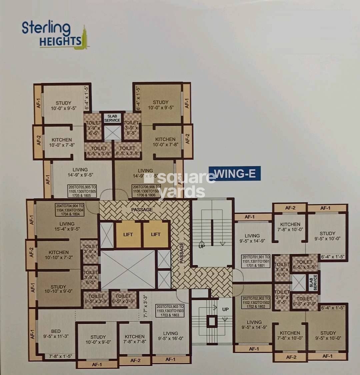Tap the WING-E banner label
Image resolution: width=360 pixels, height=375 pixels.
point(234,174)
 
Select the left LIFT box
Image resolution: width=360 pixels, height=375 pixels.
point(128,234)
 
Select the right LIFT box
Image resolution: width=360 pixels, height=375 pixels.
point(156,234)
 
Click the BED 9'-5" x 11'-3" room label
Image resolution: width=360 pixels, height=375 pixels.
point(56,334)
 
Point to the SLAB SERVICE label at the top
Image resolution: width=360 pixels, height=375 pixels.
point(112,118)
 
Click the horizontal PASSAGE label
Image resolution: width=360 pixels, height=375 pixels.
point(142,210)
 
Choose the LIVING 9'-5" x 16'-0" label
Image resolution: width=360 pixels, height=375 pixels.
point(170,336)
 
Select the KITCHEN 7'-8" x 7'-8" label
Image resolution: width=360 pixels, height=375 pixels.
point(134,339)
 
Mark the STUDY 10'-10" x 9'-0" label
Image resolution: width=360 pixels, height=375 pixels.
point(58,289)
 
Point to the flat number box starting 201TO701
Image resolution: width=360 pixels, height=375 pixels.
point(256,261)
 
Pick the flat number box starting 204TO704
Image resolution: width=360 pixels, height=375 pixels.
point(70,210)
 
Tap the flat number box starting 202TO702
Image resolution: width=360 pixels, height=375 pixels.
point(256,302)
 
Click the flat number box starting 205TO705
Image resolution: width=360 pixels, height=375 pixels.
point(82,191)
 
